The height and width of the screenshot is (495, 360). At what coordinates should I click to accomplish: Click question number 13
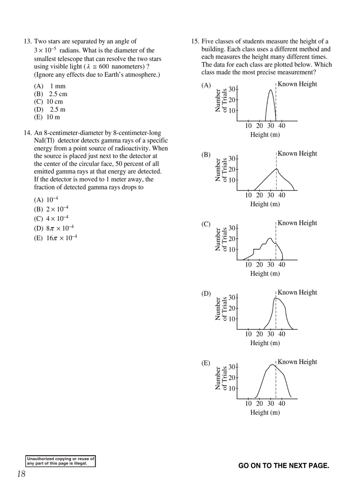[27, 42]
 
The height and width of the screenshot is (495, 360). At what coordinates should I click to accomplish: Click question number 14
[27, 133]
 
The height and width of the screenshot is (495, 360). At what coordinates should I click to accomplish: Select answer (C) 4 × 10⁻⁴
[51, 219]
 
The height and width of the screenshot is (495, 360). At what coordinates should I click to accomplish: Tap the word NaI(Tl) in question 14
[44, 141]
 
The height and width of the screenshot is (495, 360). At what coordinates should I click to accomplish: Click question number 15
[195, 42]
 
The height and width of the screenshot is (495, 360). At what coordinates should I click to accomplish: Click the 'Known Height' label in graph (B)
[297, 153]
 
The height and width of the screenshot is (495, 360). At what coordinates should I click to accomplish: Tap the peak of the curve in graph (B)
[276, 169]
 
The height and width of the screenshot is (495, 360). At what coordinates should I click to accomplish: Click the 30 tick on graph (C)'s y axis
[232, 228]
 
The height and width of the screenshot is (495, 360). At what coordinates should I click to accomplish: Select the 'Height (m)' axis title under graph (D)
[265, 343]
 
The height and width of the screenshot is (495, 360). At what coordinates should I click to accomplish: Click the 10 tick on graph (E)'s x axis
[248, 403]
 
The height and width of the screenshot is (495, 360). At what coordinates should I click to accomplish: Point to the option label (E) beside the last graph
[206, 363]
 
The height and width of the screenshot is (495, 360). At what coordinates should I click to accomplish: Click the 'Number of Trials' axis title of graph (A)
[221, 100]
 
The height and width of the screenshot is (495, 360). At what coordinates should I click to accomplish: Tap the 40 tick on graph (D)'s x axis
[282, 334]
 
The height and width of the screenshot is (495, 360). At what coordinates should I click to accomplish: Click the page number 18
[21, 474]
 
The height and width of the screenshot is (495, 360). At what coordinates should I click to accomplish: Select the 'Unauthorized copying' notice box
[61, 461]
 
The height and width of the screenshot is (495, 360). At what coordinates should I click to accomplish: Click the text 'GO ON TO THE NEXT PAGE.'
[284, 466]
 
